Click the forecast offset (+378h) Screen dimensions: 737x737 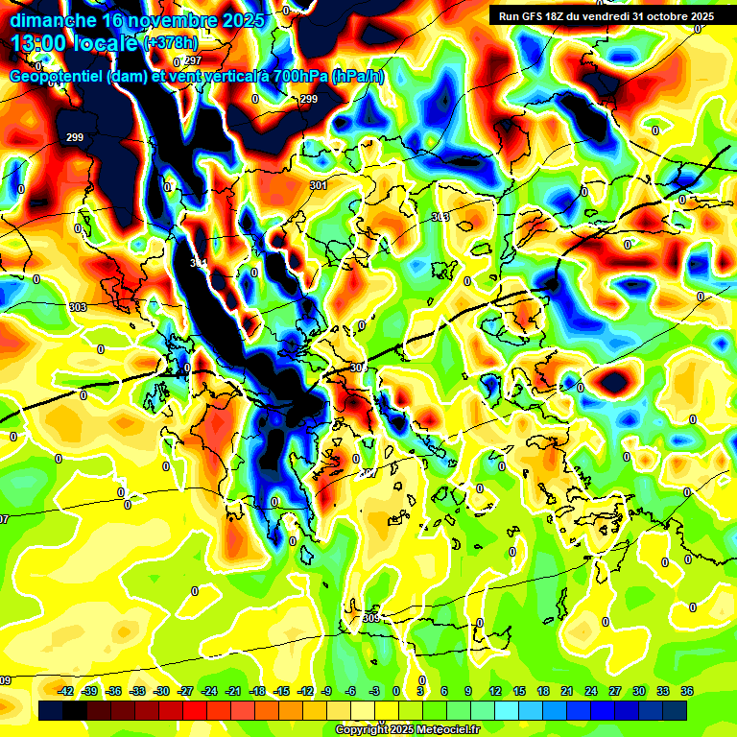pyautogui.click(x=171, y=43)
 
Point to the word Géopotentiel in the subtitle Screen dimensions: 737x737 pyautogui.click(x=57, y=77)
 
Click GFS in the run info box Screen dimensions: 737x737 pyautogui.click(x=534, y=16)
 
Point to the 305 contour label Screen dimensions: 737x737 pyautogui.click(x=371, y=619)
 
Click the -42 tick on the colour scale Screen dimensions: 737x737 pyautogui.click(x=66, y=691)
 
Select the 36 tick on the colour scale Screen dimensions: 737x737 pyautogui.click(x=687, y=691)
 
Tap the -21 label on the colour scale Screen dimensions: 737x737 pyautogui.click(x=233, y=691)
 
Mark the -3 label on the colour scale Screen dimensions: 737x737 pyautogui.click(x=375, y=691)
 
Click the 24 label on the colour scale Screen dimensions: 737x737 pyautogui.click(x=591, y=691)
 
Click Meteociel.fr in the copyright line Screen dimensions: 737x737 pyautogui.click(x=445, y=729)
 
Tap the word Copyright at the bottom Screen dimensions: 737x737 pyautogui.click(x=362, y=729)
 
